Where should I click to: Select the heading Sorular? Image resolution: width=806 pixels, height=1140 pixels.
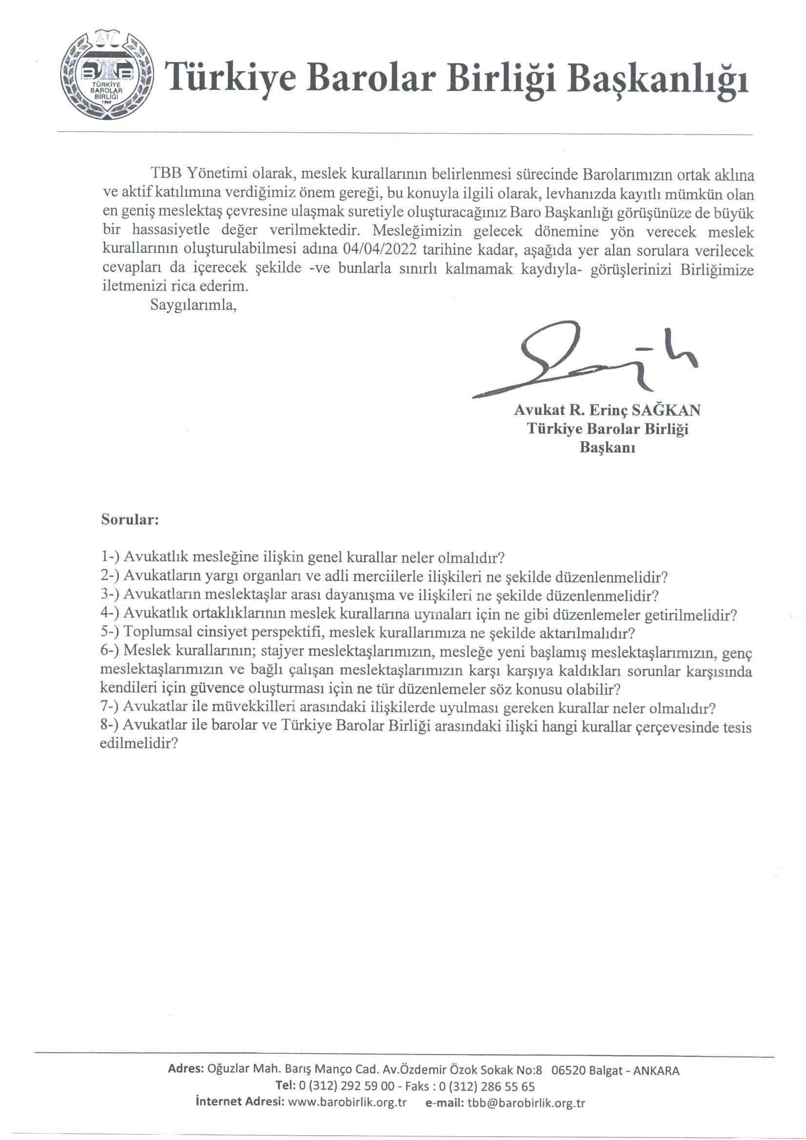[130, 520]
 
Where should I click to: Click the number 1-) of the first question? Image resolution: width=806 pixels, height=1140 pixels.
[109, 557]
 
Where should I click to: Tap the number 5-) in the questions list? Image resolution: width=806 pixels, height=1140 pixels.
[109, 633]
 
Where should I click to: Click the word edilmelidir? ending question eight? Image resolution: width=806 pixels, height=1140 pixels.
[139, 745]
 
